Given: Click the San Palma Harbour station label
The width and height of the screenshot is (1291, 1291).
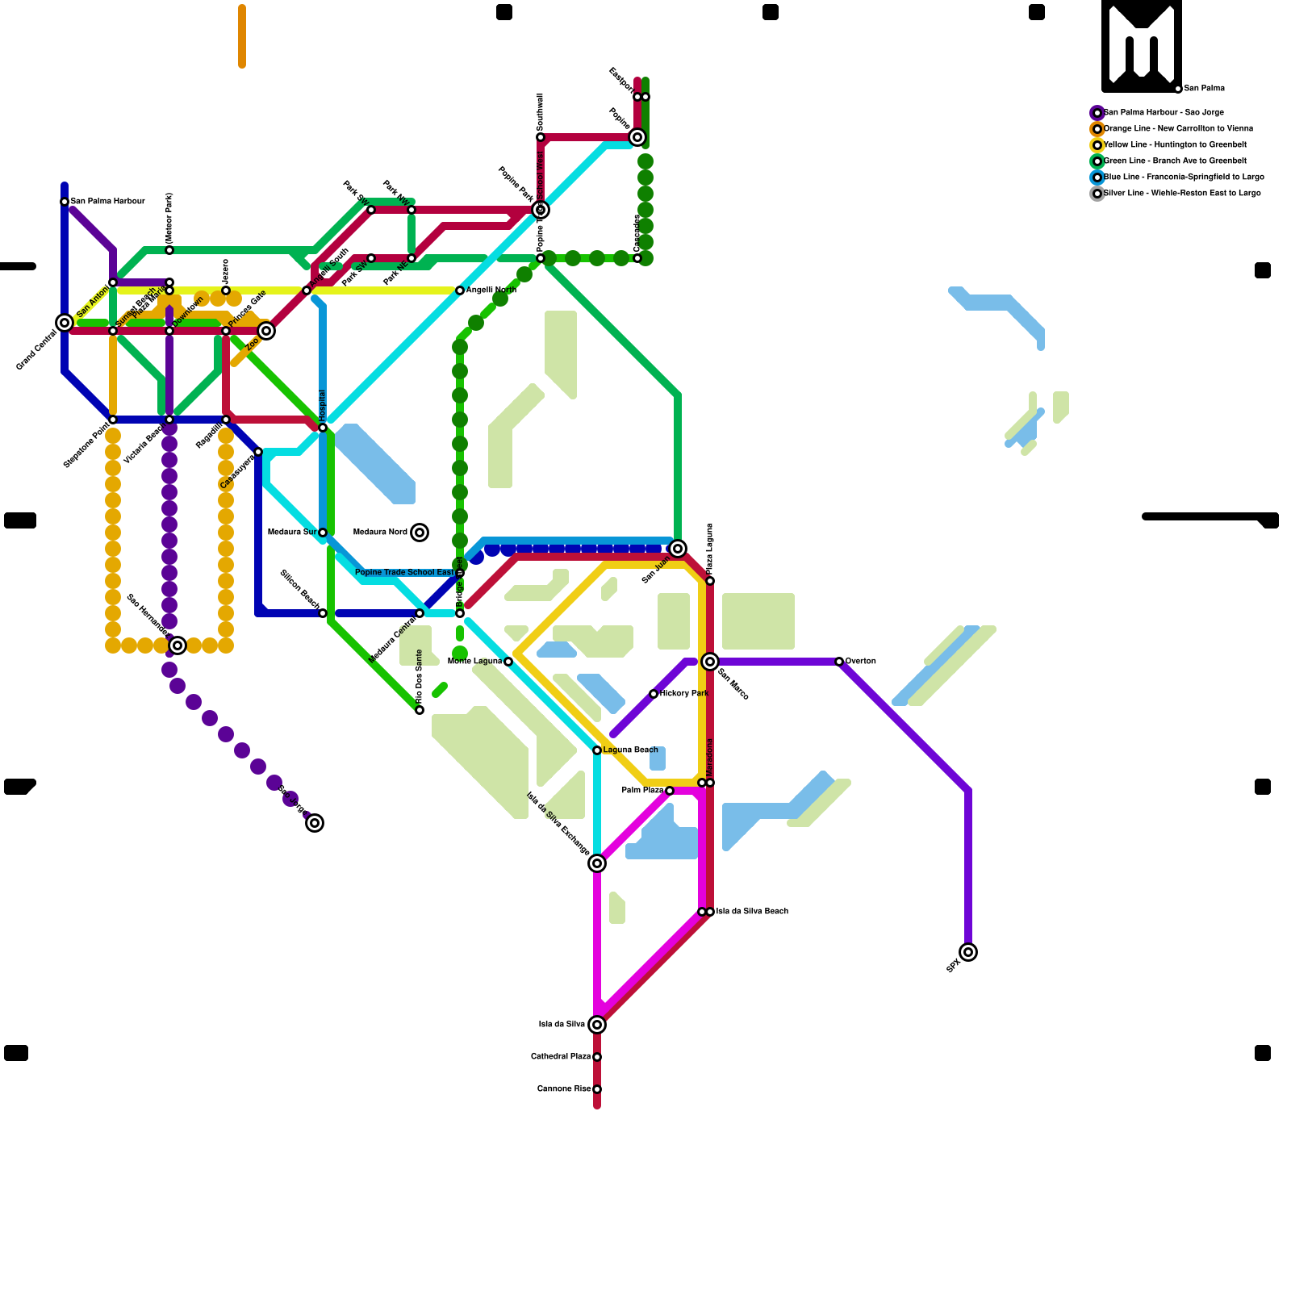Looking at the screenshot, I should (x=107, y=202).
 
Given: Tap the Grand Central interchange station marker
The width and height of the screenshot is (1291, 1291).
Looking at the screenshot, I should (x=65, y=323).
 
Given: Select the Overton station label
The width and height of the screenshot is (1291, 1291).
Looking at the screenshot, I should (x=860, y=662).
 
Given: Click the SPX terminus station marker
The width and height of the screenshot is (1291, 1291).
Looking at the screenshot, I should (x=968, y=952).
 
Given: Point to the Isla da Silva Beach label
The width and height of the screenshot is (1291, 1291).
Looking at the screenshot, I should (x=752, y=912).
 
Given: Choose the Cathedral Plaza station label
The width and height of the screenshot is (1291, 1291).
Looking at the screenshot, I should (x=561, y=1057).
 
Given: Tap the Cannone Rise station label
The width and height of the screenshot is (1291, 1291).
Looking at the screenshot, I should (x=564, y=1089).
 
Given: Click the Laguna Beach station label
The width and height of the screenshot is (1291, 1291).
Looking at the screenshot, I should (x=630, y=750).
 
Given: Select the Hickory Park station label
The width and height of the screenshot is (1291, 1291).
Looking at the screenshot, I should (x=683, y=694).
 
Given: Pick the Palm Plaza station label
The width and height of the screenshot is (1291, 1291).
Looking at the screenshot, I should (x=642, y=791).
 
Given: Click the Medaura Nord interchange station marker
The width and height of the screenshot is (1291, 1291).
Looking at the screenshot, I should (x=420, y=533).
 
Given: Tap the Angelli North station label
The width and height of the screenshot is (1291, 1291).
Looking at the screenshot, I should (x=491, y=290).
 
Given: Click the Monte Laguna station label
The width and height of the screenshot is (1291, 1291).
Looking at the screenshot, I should (x=474, y=662).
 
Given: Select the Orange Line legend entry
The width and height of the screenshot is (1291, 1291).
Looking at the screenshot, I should (x=1178, y=129).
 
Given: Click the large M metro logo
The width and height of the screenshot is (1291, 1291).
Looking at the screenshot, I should (x=1142, y=46).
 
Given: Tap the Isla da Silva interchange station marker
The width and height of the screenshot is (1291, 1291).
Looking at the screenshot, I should (x=597, y=1025).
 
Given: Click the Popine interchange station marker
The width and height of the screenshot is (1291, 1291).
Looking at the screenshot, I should (x=637, y=137).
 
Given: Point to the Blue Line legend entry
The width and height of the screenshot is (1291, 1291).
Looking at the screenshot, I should (x=1183, y=178).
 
